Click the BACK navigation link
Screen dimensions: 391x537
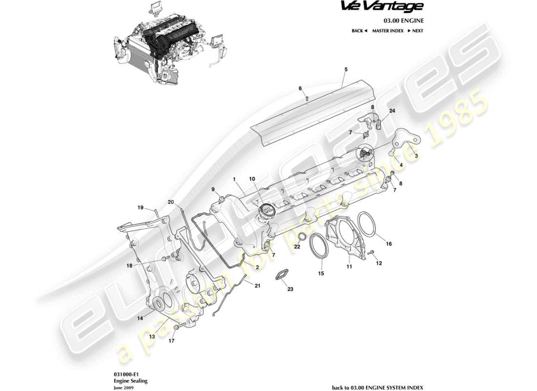[359, 31]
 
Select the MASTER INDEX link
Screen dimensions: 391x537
[387, 31]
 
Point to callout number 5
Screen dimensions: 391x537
[346, 70]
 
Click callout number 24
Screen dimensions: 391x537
[392, 111]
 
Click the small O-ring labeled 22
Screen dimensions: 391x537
[302, 238]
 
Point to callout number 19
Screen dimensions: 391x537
[140, 208]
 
